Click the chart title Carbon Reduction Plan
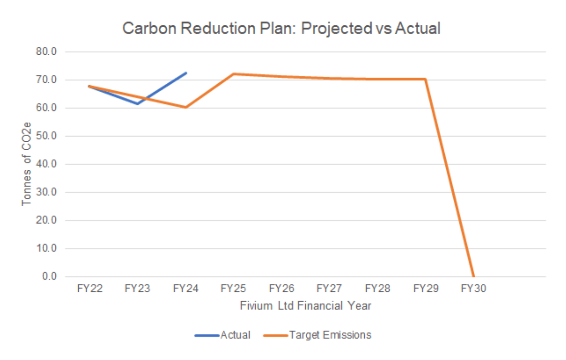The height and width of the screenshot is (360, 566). (x=281, y=29)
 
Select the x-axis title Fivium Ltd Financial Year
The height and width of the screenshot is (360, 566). (x=305, y=306)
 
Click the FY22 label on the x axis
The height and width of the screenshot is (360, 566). (x=89, y=289)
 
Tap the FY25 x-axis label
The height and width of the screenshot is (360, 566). (x=233, y=289)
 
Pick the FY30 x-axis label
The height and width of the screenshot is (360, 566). (x=473, y=289)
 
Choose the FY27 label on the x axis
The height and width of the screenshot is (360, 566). (x=329, y=289)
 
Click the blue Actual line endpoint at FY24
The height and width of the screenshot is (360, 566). (x=186, y=73)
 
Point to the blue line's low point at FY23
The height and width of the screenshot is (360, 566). (x=137, y=104)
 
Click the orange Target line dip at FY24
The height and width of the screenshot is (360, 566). (x=186, y=107)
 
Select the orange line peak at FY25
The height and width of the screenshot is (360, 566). (x=233, y=74)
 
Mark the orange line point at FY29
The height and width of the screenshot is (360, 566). (x=425, y=79)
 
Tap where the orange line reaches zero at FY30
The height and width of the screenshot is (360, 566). (x=473, y=276)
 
